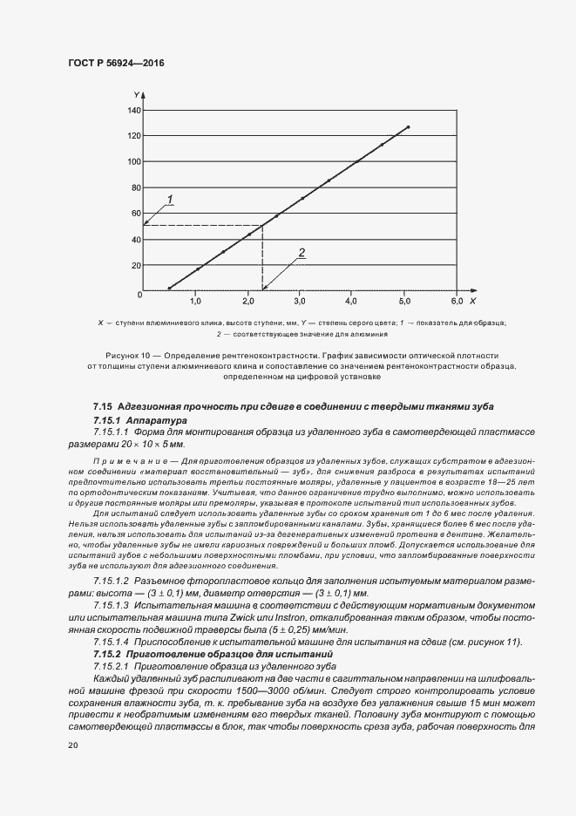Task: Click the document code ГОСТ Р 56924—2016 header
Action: [x=116, y=64]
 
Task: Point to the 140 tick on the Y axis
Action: [x=133, y=110]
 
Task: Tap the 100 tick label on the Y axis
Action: [x=133, y=161]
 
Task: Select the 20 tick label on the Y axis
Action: [x=135, y=265]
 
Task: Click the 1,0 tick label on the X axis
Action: [x=196, y=301]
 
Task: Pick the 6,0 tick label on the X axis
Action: [x=456, y=301]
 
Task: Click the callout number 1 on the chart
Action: [x=171, y=200]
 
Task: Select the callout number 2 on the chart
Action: [x=302, y=253]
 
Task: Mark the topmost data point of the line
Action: [x=408, y=127]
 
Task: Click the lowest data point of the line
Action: [x=169, y=288]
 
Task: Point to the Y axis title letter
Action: [x=137, y=92]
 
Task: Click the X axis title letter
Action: [x=471, y=301]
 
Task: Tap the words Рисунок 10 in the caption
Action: [x=128, y=357]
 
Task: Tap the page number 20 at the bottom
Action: [x=73, y=745]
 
